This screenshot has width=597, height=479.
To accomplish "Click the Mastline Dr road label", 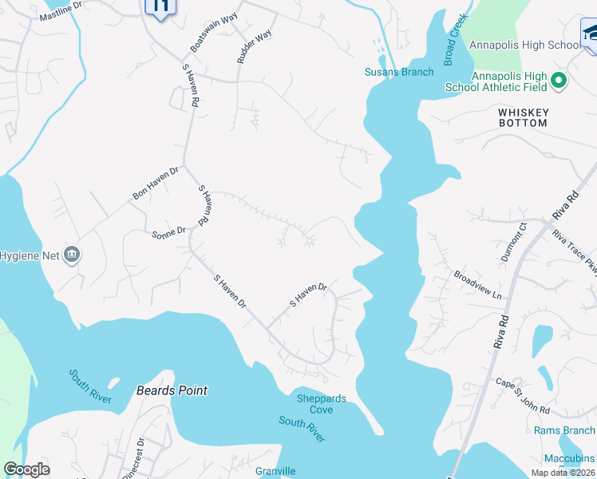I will (x=61, y=10).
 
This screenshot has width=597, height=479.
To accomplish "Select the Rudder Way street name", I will (x=255, y=46).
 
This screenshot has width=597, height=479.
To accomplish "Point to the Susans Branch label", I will (x=399, y=72).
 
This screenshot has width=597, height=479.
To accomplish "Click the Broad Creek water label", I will (x=456, y=39).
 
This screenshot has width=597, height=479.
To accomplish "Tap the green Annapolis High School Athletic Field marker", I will (x=559, y=80).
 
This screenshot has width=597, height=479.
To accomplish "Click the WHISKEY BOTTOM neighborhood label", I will (x=523, y=118).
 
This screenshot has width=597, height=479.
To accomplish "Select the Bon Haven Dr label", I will (x=156, y=183).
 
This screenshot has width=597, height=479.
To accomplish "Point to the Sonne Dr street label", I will (x=168, y=232).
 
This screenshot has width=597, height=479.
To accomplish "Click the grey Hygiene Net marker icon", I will (x=72, y=255).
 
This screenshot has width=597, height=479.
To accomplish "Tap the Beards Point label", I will (x=172, y=390).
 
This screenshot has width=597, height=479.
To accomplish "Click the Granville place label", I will (x=275, y=472).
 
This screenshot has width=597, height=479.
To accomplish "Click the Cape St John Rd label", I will (x=521, y=396).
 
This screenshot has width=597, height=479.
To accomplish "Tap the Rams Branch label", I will (x=563, y=431).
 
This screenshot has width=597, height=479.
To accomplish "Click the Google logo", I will (x=26, y=469).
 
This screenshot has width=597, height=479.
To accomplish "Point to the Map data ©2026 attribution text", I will (x=563, y=473).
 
